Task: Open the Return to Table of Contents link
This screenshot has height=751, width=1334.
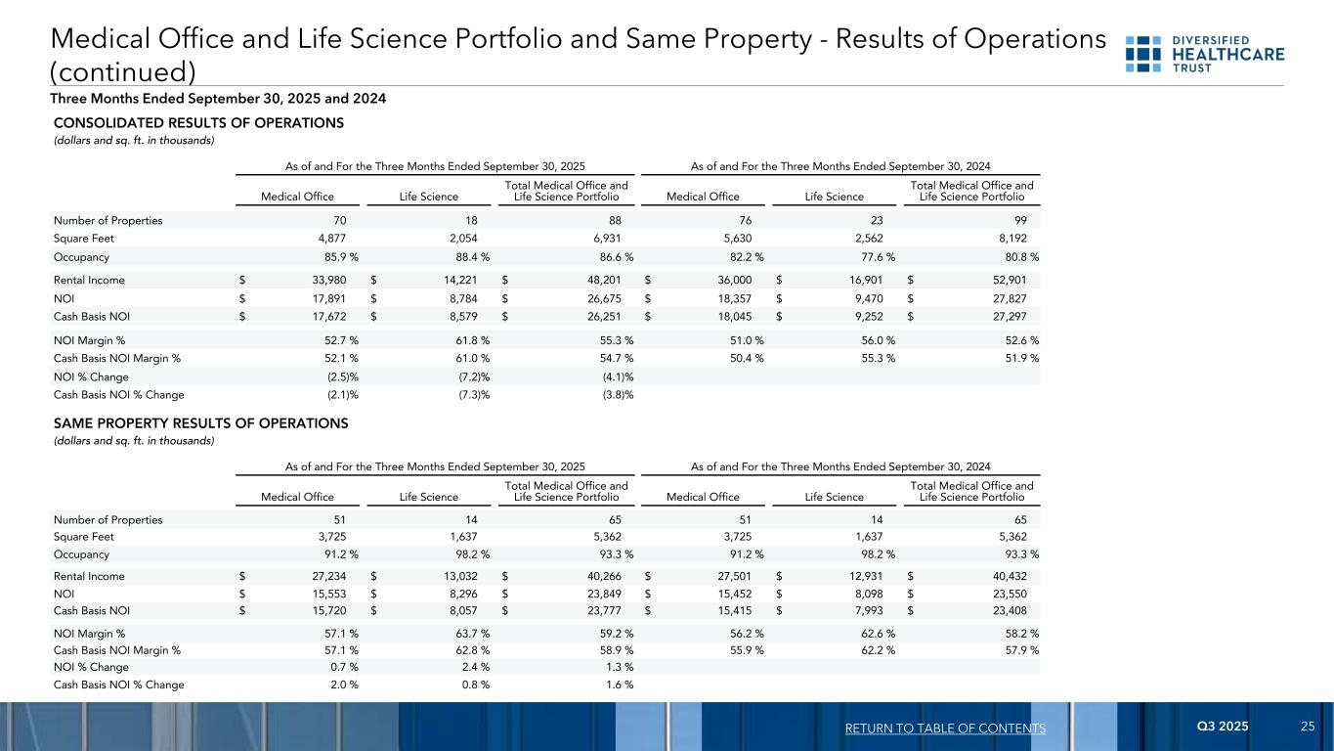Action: [947, 729]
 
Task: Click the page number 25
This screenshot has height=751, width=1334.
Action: [1307, 727]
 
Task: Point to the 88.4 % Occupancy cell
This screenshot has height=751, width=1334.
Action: [465, 257]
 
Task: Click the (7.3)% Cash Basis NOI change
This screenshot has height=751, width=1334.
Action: [474, 395]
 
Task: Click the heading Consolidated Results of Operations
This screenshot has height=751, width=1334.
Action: [197, 123]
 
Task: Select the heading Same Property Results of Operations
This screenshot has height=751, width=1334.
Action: [200, 423]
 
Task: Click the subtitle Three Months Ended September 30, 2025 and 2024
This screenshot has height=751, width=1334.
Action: [219, 99]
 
